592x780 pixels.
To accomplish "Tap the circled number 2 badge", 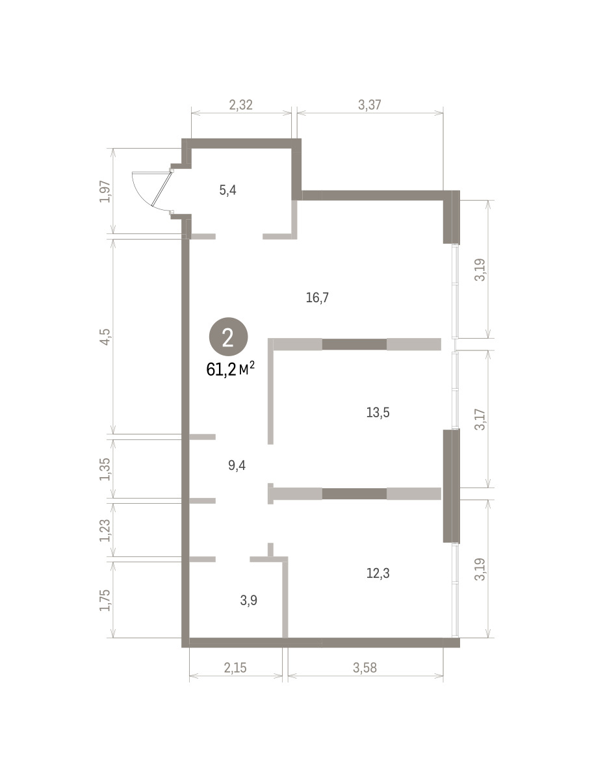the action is [228, 337].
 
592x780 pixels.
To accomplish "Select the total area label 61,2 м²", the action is [231, 370].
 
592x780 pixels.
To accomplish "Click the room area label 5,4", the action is [227, 190].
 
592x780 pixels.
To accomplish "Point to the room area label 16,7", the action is [317, 298].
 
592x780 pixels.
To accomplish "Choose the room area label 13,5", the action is [378, 413].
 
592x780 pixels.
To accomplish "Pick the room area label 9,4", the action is [237, 465].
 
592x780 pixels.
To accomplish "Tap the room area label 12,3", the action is [378, 573].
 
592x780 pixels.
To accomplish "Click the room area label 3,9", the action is [249, 600].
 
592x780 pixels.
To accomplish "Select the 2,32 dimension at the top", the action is [241, 105].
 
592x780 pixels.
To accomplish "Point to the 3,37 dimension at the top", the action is [369, 105].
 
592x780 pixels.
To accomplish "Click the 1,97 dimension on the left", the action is [105, 192].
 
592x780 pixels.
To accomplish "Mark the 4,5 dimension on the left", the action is [105, 337].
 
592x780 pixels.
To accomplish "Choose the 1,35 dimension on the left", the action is [105, 469].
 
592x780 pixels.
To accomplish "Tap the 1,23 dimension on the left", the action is [105, 530].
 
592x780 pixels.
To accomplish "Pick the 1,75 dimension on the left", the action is [105, 600].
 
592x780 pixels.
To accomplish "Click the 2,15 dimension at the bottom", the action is [235, 668].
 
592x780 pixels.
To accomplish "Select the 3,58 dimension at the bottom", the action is [365, 668].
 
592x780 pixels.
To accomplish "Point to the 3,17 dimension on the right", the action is [480, 419].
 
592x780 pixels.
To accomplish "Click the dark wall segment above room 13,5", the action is [354, 344].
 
